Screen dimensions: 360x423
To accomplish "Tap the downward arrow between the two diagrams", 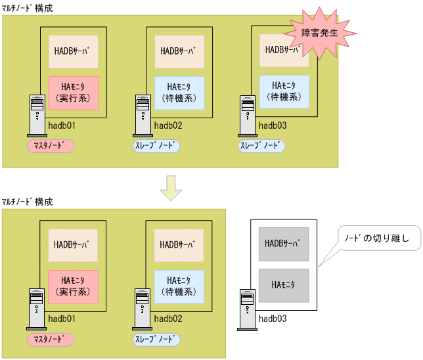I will coord(171,188).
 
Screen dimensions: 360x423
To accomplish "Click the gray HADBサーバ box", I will coord(283,244).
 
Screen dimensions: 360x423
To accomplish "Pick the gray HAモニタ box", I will coord(283,284).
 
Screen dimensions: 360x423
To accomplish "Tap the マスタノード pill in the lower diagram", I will coord(50,339).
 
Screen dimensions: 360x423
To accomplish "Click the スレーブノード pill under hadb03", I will coord(261,145).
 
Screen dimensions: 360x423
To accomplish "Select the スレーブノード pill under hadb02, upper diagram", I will coord(156,145).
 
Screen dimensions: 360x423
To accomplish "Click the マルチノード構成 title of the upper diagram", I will coord(27,9).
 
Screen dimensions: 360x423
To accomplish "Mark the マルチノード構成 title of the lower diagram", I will coord(27,201).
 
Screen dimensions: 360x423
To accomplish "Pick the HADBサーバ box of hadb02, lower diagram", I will coord(179,244).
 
